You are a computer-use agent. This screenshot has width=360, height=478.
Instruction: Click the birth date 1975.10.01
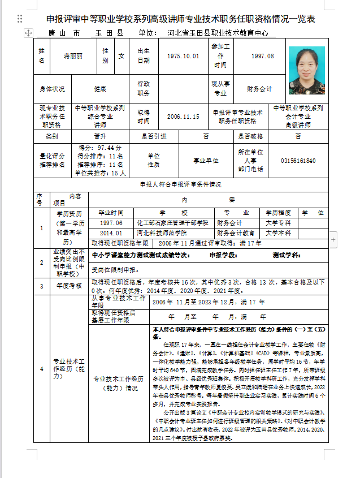pos(183,57)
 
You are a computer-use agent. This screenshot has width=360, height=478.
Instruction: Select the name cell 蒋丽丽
pos(73,57)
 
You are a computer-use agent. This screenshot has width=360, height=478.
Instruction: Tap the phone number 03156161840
pos(298,161)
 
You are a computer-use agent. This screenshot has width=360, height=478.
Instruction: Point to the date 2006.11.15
pos(183,116)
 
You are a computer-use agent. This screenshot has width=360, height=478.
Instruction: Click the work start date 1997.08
pos(262,57)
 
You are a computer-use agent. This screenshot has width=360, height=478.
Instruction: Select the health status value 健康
pos(100,89)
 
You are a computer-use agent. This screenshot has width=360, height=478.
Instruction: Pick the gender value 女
pos(121,57)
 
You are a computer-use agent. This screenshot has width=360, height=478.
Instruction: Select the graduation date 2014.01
pos(111,233)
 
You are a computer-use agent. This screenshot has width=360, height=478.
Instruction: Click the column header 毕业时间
pos(111,213)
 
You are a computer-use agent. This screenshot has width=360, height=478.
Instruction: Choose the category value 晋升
pos(100,136)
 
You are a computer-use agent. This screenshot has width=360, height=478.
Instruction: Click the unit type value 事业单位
pos(206,161)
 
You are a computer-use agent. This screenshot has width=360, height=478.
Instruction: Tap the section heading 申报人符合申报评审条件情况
pos(180,184)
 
